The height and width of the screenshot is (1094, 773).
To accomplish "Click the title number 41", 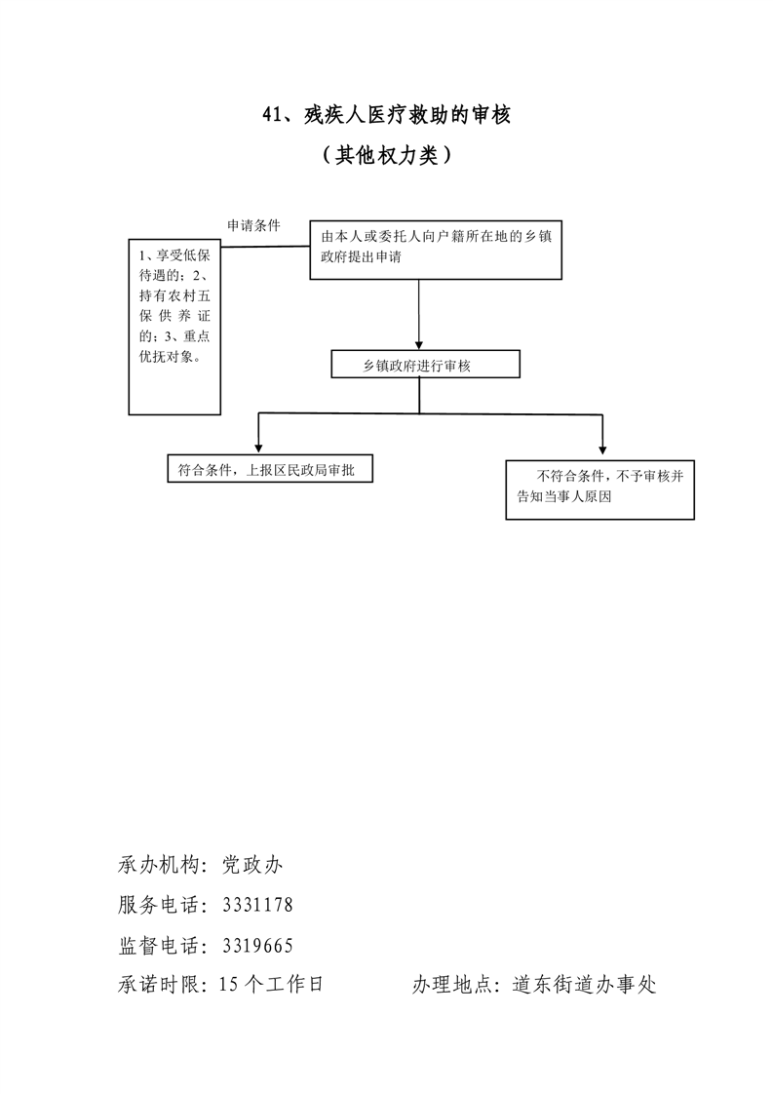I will (x=273, y=115).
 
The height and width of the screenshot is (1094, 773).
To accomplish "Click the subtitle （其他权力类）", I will (x=386, y=155).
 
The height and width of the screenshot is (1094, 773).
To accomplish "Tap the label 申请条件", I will (x=253, y=225).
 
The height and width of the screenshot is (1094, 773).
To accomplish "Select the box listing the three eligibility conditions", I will (x=176, y=326).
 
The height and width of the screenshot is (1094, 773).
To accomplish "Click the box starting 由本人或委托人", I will (x=435, y=250).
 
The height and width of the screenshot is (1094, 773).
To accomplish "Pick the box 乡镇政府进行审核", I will (x=424, y=365).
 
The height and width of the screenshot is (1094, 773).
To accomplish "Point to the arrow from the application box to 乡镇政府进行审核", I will (x=419, y=312).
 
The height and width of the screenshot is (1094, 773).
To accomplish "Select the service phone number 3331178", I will (x=257, y=905).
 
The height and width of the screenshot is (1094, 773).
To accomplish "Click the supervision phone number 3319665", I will (x=257, y=945).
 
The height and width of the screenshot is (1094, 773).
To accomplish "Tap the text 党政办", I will (x=251, y=865).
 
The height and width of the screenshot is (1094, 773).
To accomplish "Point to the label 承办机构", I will (x=160, y=865).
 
